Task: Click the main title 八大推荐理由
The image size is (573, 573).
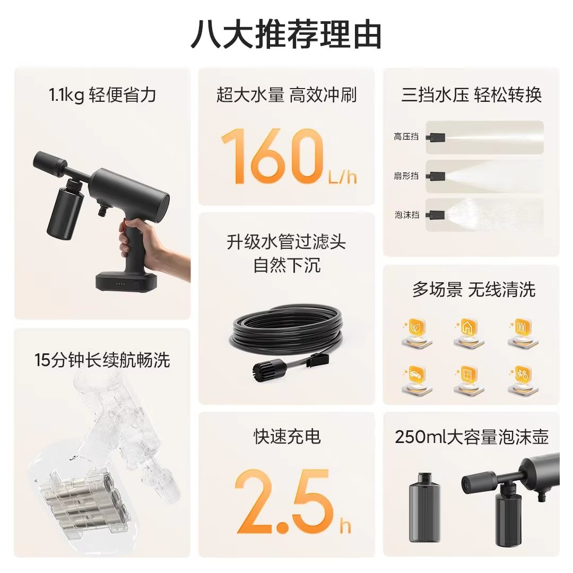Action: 286,34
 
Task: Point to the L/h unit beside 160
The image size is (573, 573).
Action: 342,176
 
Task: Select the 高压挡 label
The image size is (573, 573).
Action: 406,137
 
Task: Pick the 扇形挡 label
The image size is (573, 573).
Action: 406,176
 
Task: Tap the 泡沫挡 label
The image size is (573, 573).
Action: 406,215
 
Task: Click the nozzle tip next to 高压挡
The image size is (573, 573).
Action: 436,137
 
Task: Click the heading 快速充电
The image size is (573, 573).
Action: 286,437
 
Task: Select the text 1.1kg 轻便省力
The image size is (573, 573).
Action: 102,95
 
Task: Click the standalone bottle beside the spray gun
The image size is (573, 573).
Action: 425,506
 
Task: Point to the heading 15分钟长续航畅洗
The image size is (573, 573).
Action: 102,360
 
